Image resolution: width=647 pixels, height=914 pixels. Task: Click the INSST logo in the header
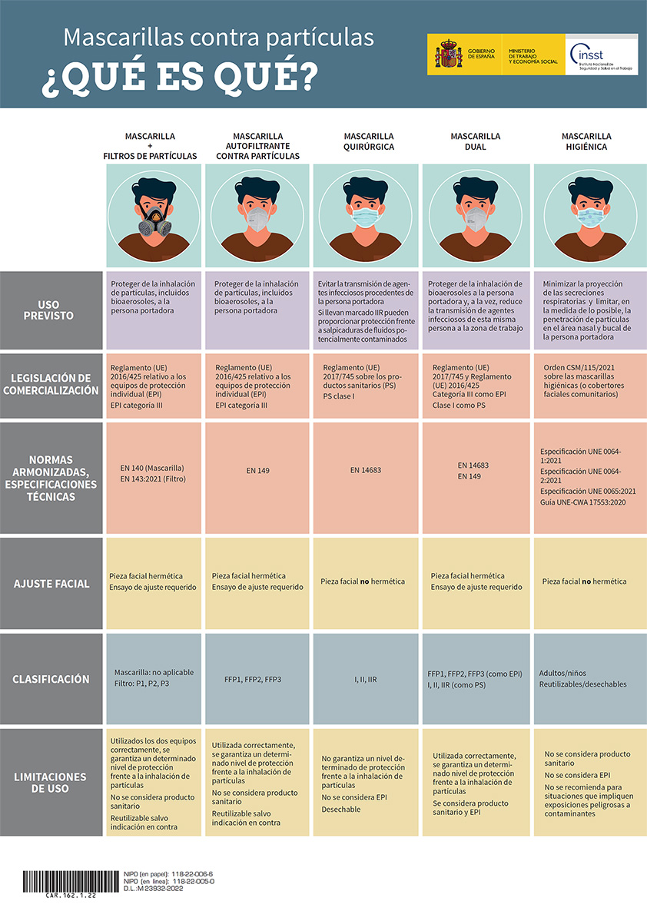[x=602, y=55]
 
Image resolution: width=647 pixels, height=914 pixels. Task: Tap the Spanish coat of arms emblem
[x=448, y=55]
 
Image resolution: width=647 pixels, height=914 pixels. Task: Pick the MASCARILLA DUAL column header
[x=475, y=141]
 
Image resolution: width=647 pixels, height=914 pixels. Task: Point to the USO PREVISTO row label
[x=51, y=310]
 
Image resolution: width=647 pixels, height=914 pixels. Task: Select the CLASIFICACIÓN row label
[x=51, y=679]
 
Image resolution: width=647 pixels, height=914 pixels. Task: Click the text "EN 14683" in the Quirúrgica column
[x=366, y=470]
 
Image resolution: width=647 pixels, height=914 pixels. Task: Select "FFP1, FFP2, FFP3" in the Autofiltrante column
[x=252, y=680]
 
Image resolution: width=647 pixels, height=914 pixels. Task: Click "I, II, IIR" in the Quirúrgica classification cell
[x=366, y=680]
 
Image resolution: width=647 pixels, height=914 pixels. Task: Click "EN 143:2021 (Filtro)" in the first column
[x=153, y=479]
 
